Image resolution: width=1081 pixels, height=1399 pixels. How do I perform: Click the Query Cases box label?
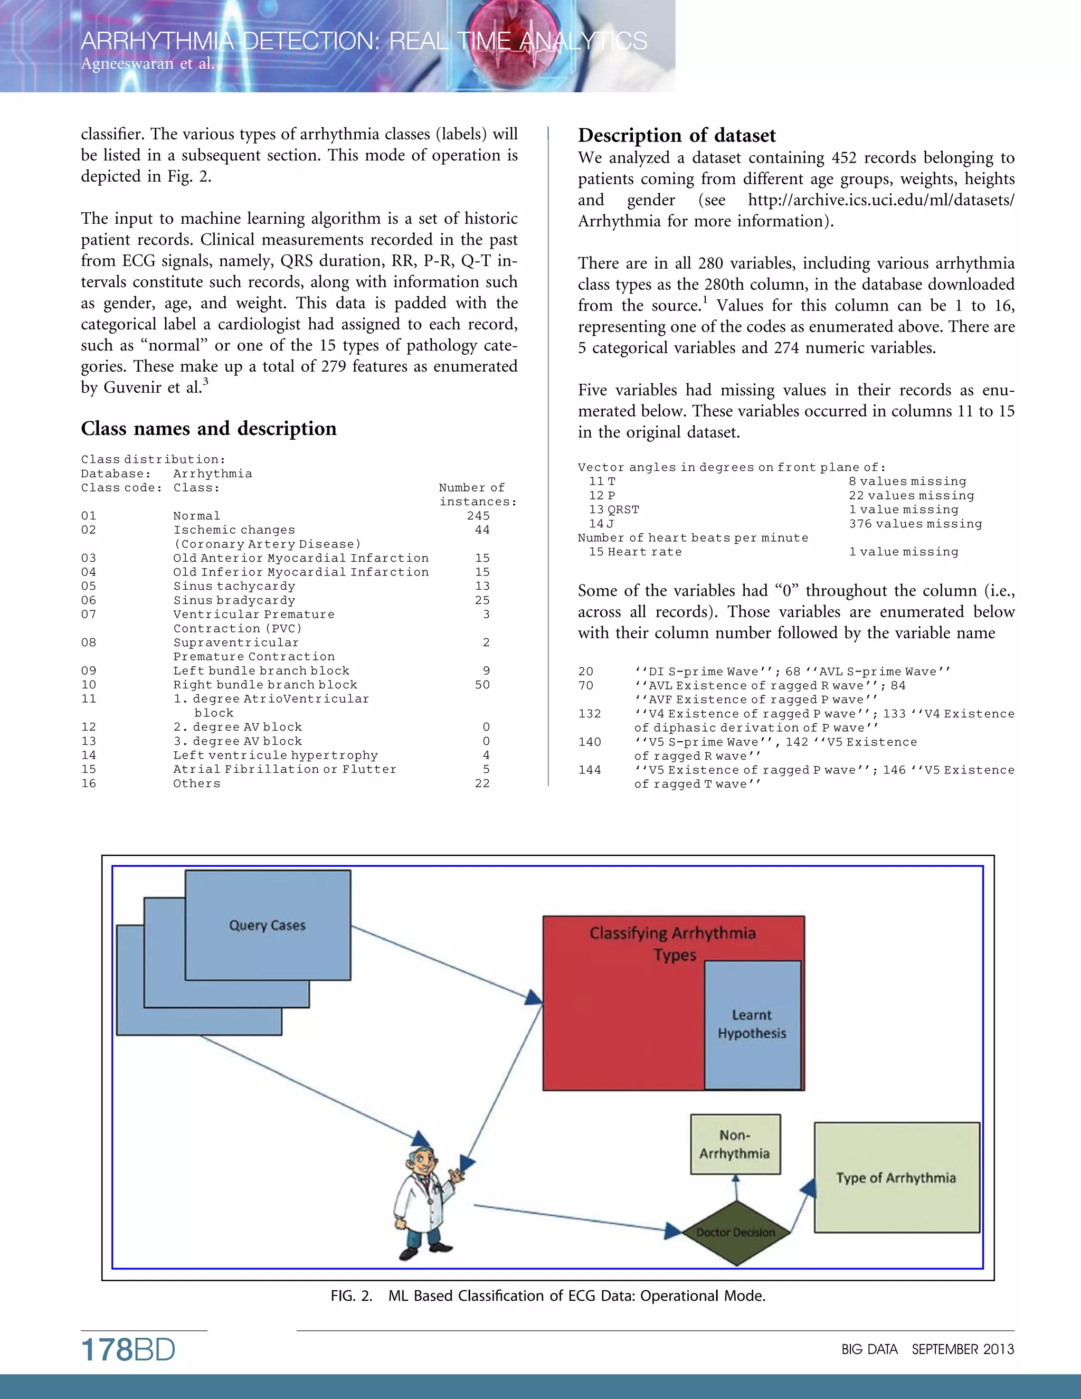coord(267,925)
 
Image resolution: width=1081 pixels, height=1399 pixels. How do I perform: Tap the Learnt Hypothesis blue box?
coord(752,1024)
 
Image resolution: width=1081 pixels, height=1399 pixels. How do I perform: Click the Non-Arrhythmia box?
coord(735,1144)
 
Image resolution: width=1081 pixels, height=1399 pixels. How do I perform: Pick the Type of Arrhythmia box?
coord(896,1177)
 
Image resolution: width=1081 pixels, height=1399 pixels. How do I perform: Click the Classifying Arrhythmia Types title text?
coord(672,943)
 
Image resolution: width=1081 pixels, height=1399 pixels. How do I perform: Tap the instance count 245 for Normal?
coord(478,516)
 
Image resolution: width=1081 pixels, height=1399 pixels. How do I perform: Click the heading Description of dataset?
coord(676,135)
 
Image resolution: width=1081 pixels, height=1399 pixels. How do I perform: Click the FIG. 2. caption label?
coord(351,1296)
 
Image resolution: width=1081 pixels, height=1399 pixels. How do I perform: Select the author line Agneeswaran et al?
coord(147,63)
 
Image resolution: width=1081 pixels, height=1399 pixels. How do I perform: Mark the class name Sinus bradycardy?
coord(234,600)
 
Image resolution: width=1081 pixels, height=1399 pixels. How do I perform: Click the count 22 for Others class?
coord(482,783)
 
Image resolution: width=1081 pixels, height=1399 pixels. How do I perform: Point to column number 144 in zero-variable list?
coord(589,770)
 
